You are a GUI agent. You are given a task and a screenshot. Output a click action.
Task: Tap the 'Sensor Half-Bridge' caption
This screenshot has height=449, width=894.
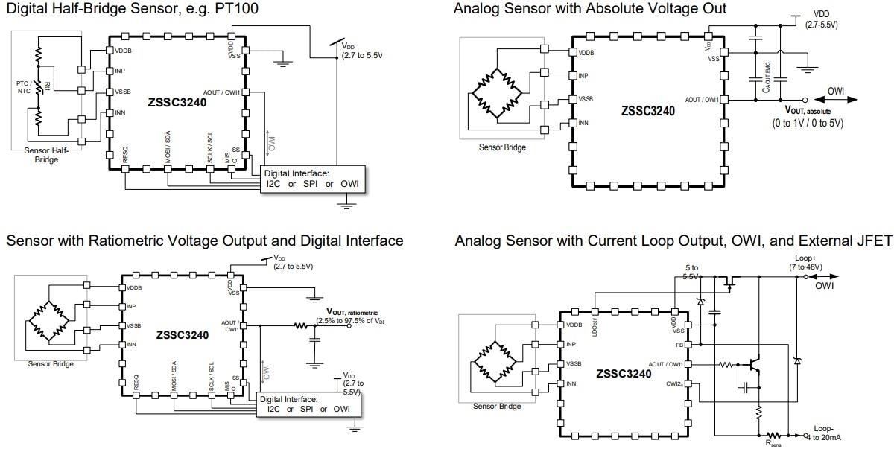click(x=46, y=154)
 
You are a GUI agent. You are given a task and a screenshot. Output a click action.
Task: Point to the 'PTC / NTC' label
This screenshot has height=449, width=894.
click(x=25, y=88)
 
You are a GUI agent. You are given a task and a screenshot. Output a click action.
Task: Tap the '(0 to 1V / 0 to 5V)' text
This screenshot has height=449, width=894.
click(x=808, y=123)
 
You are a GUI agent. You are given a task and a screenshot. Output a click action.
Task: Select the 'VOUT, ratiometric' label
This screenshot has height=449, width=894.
click(x=352, y=312)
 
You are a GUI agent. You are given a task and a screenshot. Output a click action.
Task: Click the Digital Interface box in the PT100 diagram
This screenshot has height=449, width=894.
click(x=314, y=179)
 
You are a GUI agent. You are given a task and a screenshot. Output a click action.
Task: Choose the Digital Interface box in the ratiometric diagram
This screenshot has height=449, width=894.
click(x=308, y=404)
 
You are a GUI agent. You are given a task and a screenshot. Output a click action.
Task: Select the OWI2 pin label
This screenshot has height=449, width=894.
click(x=674, y=384)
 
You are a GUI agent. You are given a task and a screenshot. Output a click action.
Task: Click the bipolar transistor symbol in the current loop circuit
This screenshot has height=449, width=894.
click(x=754, y=366)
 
